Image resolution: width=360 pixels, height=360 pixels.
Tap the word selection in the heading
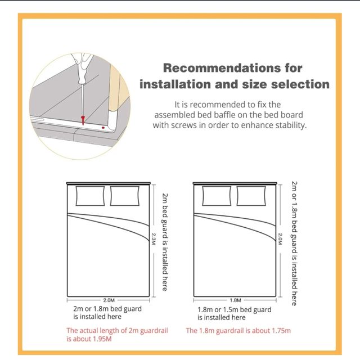[300, 84]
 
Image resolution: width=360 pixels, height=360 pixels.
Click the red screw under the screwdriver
[83, 120]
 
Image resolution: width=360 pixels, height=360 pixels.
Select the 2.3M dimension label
[154, 239]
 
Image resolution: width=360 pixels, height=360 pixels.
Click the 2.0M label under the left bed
[109, 300]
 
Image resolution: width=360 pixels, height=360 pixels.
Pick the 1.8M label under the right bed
[235, 300]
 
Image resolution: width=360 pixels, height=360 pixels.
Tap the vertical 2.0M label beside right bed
[280, 238]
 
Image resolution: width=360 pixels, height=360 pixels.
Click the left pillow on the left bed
[90, 196]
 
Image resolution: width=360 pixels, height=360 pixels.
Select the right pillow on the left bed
[125, 196]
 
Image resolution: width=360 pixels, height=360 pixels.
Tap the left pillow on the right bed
[217, 196]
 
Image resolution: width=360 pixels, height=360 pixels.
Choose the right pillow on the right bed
[251, 196]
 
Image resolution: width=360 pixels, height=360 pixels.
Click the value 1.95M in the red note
[100, 339]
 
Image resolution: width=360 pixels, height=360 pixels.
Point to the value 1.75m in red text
[281, 331]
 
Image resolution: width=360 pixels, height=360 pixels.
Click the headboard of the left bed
[109, 183]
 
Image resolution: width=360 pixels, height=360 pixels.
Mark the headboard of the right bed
[235, 183]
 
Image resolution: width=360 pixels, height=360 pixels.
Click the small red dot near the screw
[103, 128]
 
